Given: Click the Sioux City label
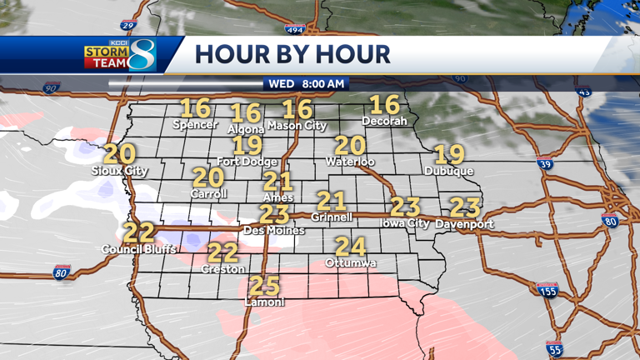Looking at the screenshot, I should (x=119, y=171).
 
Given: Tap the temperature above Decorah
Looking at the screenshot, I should (x=385, y=104).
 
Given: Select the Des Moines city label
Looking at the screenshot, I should (x=273, y=230).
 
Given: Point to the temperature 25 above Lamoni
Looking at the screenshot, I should (x=264, y=286).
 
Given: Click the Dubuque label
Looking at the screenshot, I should (x=448, y=171).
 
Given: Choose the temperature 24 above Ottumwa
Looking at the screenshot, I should (x=351, y=247).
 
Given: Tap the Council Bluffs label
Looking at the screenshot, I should (x=139, y=249).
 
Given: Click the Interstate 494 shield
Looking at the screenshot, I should (x=318, y=29).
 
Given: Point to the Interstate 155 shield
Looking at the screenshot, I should (x=547, y=290).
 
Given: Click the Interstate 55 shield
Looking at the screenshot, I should (x=555, y=348).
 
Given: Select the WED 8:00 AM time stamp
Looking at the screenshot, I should (x=306, y=84).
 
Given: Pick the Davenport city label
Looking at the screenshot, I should (x=464, y=224).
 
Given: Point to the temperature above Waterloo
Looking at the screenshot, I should (x=351, y=145).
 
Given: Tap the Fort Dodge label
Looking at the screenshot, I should (x=247, y=161).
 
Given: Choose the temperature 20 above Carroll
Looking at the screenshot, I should (x=208, y=177).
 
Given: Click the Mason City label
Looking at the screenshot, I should (x=297, y=126).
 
